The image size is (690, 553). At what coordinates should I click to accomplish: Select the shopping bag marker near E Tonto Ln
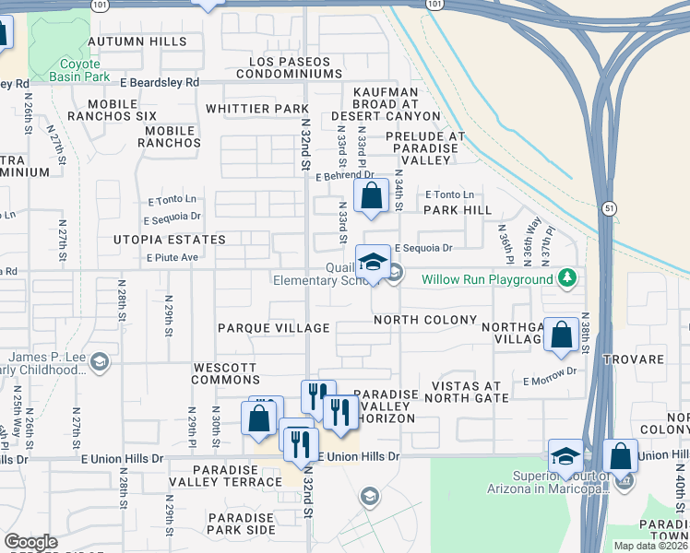pyautogui.click(x=371, y=196)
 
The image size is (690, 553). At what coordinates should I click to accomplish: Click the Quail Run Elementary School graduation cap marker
pyautogui.click(x=373, y=262)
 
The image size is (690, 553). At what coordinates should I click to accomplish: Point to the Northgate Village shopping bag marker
pyautogui.click(x=561, y=335)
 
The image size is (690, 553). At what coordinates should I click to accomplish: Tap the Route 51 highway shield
pyautogui.click(x=607, y=209)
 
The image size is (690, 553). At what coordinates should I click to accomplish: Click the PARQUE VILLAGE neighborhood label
pyautogui.click(x=273, y=328)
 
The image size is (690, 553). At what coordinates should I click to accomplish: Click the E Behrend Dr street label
pyautogui.click(x=344, y=174)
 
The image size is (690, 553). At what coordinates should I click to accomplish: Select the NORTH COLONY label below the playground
pyautogui.click(x=425, y=320)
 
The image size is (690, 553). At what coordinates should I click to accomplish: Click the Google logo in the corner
pyautogui.click(x=30, y=542)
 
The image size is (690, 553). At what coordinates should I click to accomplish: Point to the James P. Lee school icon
pyautogui.click(x=101, y=362)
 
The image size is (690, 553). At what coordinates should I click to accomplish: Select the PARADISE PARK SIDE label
pyautogui.click(x=241, y=524)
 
